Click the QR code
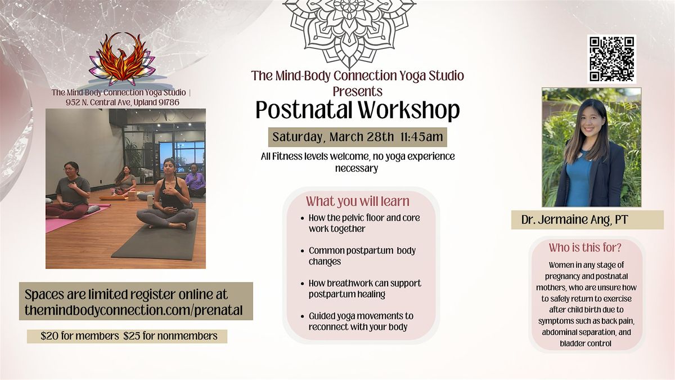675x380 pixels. tap(612, 59)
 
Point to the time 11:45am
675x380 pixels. tap(422, 137)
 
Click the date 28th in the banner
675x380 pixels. tap(380, 137)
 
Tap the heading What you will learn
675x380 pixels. tap(358, 202)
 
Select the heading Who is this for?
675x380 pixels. tap(585, 248)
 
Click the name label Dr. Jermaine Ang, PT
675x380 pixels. tap(575, 220)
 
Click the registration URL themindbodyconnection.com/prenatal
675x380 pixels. tap(133, 310)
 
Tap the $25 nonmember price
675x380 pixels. tap(170, 336)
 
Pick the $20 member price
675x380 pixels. tap(79, 336)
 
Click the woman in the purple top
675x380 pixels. tap(195, 180)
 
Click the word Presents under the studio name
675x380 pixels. tap(357, 91)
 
